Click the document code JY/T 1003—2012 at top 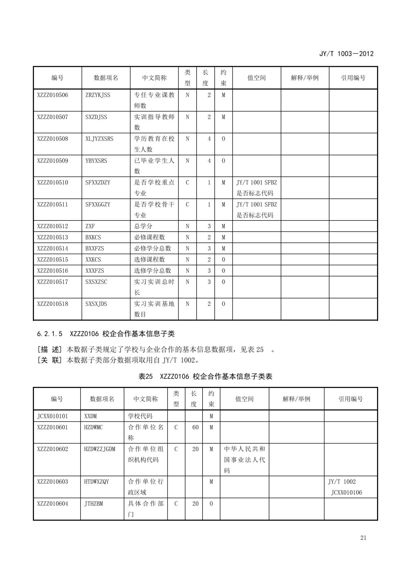pos(346,53)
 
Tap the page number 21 pos(363,538)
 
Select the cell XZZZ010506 pos(53,95)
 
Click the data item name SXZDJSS pos(96,117)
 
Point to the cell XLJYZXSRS pos(99,139)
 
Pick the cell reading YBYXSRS pos(96,161)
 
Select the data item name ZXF pos(90,226)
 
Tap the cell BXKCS pos(93,237)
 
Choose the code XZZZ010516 pos(53,271)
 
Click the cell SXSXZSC pos(96,282)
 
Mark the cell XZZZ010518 pos(53,304)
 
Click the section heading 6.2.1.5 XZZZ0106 pos(106,334)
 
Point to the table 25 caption pos(205,376)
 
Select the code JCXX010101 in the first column pos(53,416)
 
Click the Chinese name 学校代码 pos(140,416)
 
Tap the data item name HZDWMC pos(93,427)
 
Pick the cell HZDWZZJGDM pos(99,449)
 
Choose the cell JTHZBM pos(93,504)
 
